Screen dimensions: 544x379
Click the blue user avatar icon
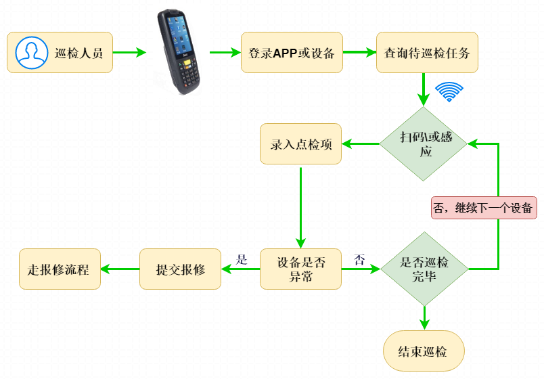click(x=32, y=53)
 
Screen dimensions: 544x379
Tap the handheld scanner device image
click(x=179, y=51)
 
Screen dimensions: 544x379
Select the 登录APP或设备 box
click(x=292, y=52)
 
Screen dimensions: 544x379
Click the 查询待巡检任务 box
click(x=427, y=52)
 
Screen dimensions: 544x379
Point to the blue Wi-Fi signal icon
click(x=449, y=91)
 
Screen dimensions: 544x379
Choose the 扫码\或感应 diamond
click(x=424, y=143)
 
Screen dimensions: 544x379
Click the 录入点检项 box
click(x=301, y=143)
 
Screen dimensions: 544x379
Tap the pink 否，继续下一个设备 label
click(x=484, y=208)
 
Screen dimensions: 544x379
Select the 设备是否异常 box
click(x=301, y=269)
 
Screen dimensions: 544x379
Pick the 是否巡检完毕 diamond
click(x=425, y=269)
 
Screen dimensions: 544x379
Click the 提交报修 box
click(x=180, y=269)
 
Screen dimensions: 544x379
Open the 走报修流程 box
click(x=60, y=269)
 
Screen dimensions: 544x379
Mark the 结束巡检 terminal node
click(x=424, y=351)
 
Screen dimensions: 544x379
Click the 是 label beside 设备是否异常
click(x=242, y=259)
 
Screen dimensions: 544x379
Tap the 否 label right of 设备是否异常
click(x=359, y=259)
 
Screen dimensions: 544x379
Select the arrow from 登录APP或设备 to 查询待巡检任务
click(x=359, y=52)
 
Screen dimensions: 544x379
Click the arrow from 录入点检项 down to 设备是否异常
click(x=301, y=208)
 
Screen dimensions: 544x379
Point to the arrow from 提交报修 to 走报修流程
click(x=120, y=269)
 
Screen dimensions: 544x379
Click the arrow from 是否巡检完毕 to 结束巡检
click(x=425, y=318)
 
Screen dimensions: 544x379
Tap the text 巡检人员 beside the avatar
click(x=78, y=53)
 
